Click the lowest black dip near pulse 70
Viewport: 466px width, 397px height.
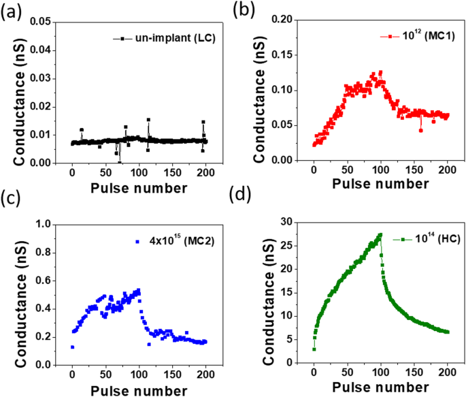[120, 162]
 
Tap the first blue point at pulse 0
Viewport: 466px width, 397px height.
[72, 347]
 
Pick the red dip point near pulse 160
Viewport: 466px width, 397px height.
[421, 129]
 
